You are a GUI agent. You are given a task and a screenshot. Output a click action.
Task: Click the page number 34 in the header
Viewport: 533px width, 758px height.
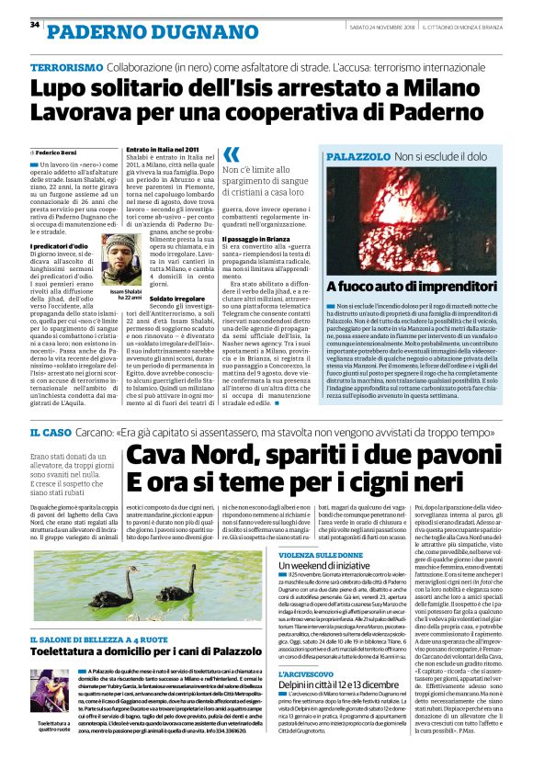pos(34,25)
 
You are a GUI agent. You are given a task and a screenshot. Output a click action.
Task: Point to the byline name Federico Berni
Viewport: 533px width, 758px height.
pos(62,151)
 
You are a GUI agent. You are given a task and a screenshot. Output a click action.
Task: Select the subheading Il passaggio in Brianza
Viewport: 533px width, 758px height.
pos(261,239)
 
